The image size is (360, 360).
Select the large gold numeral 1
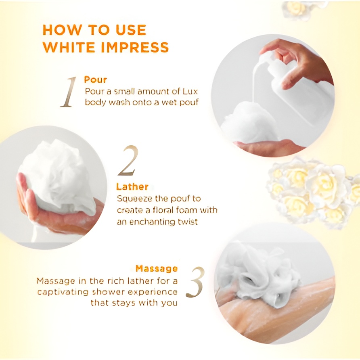point(69,92)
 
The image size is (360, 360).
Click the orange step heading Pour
point(95,80)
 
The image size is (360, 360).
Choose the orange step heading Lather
point(132,187)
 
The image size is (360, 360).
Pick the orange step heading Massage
point(157,268)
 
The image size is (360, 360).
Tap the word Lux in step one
point(189,91)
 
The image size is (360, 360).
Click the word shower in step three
point(115,292)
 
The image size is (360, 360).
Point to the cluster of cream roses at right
point(311,190)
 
